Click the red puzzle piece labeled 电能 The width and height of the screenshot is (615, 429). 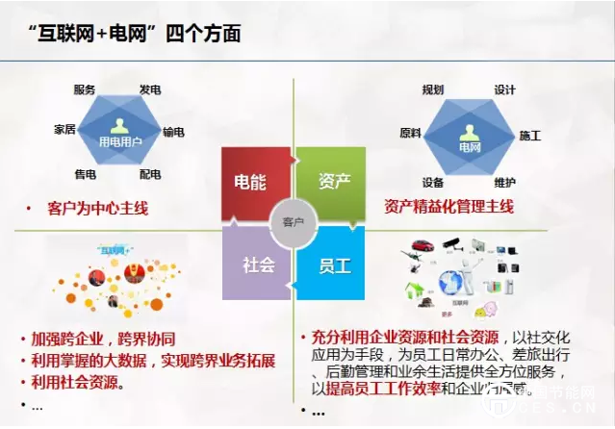click(x=252, y=182)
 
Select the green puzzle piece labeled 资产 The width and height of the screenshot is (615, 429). click(x=334, y=182)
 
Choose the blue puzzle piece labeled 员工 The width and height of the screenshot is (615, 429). click(x=334, y=262)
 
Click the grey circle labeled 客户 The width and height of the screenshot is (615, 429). click(x=293, y=222)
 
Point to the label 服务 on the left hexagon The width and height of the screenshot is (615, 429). click(x=85, y=89)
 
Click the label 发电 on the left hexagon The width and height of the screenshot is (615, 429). click(x=149, y=89)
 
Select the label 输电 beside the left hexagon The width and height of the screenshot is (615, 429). click(x=174, y=132)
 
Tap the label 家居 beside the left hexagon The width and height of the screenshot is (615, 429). click(x=64, y=130)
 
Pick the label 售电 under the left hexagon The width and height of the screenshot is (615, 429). click(x=85, y=174)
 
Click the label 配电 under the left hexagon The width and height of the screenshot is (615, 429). click(x=150, y=174)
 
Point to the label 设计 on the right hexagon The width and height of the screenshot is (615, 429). click(x=505, y=89)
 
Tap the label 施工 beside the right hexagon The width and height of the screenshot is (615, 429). click(x=530, y=136)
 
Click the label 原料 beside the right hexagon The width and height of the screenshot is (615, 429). click(x=410, y=133)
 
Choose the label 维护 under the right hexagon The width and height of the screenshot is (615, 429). click(x=505, y=183)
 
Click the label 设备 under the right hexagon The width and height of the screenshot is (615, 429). click(x=432, y=183)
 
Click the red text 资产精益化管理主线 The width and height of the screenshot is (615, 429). click(x=448, y=206)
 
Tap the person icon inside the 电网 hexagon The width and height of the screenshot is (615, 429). click(x=470, y=131)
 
